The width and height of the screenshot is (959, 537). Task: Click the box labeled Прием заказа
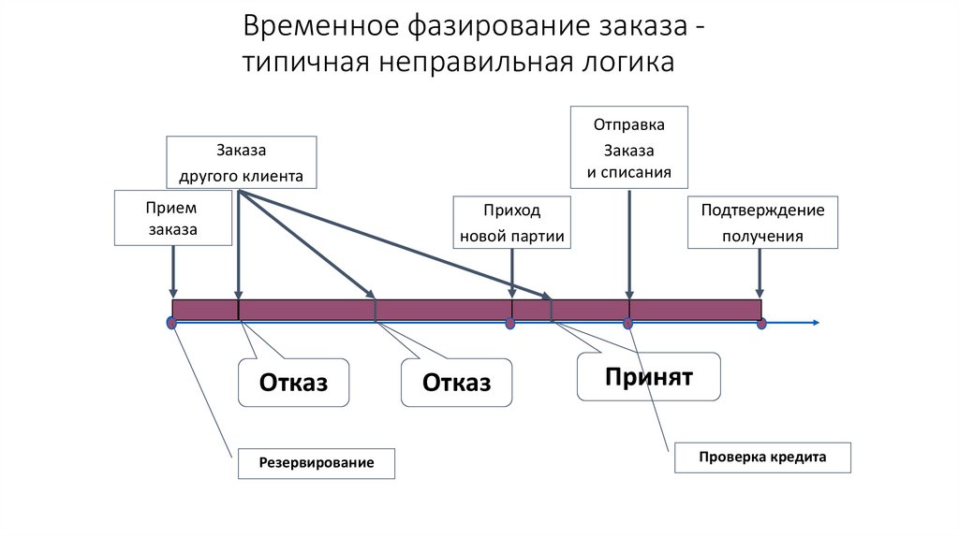[x=172, y=218]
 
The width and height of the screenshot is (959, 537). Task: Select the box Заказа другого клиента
[x=241, y=163]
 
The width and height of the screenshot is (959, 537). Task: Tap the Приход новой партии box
[x=511, y=223]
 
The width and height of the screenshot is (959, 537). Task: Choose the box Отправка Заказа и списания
[x=628, y=148]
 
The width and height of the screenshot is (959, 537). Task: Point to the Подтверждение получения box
[x=762, y=223]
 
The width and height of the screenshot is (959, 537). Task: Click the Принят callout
[x=648, y=377]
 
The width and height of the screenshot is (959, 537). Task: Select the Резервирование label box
[x=316, y=463]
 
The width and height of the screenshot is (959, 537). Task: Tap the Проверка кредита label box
[x=762, y=457]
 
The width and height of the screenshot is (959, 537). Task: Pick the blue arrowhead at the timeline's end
[x=816, y=323]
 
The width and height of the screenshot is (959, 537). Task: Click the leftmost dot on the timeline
[x=171, y=323]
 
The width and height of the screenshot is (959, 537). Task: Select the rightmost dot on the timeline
[x=761, y=324]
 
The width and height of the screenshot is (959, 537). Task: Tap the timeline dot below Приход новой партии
[x=510, y=324]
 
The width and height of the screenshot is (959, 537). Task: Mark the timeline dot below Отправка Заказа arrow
[x=628, y=324]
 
